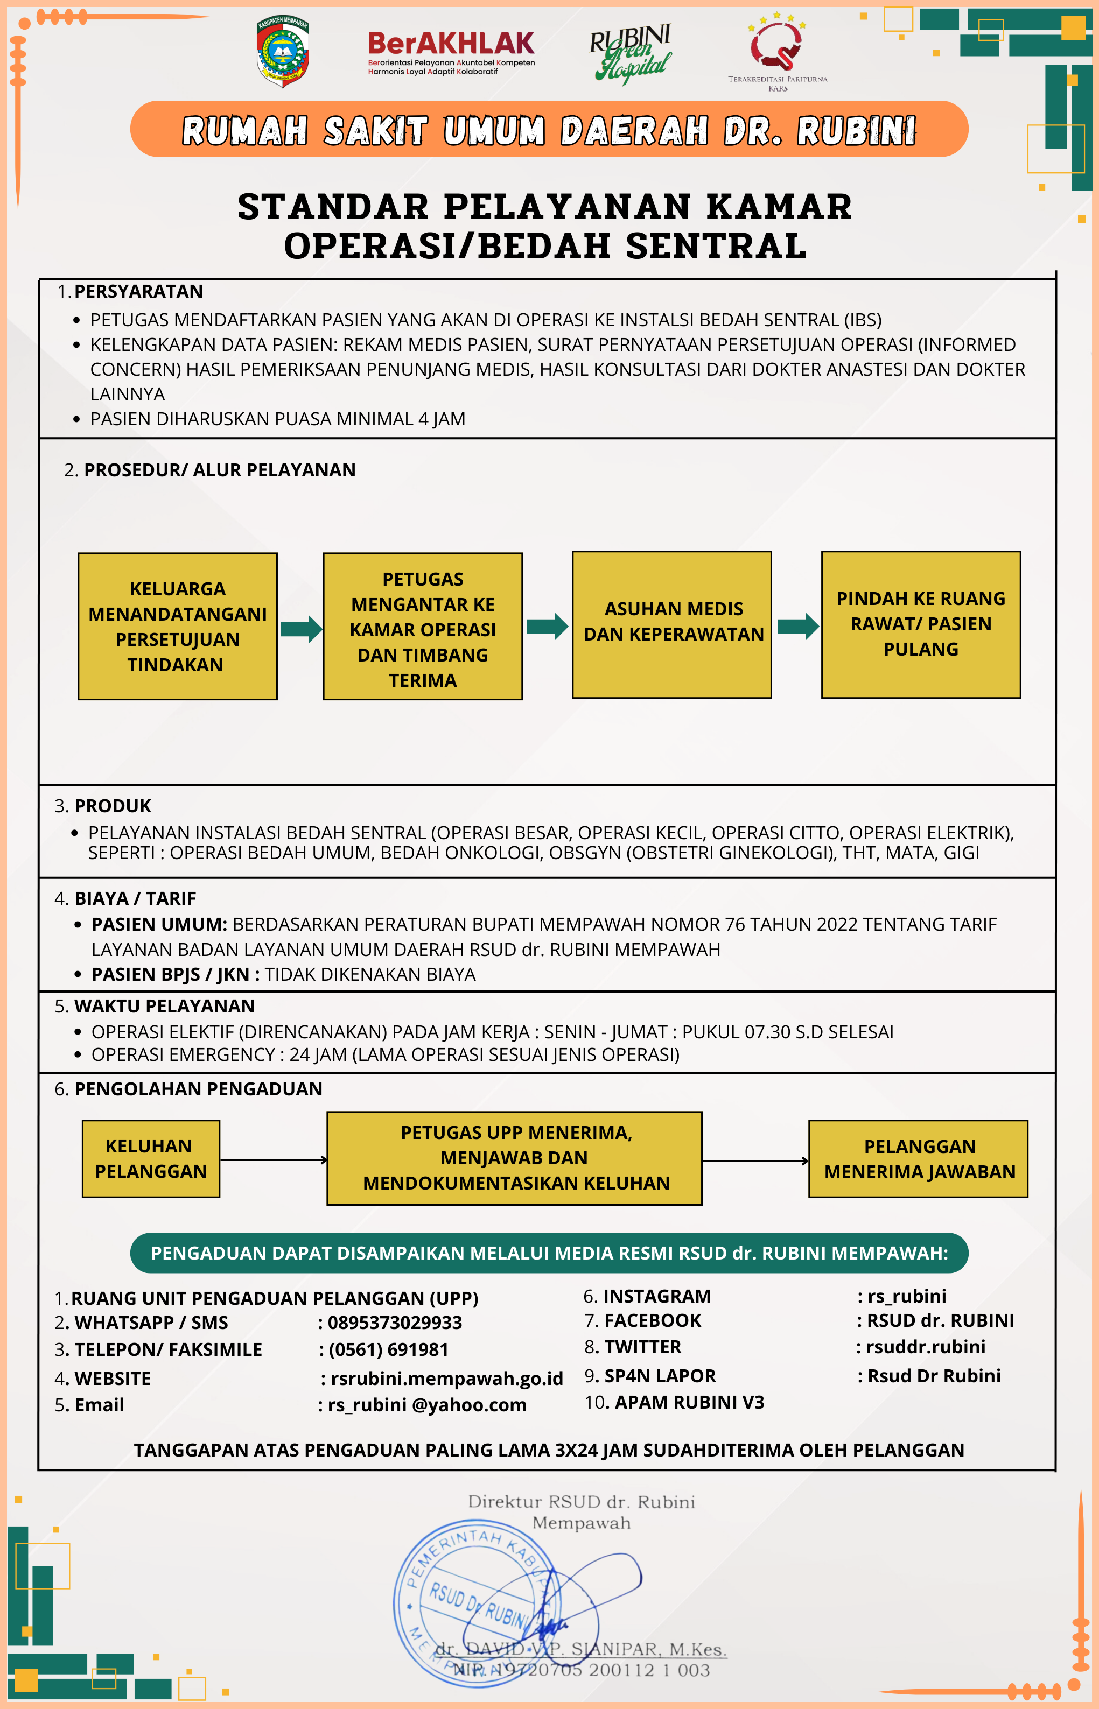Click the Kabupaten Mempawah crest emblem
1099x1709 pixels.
click(x=283, y=52)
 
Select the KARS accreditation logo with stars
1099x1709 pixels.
click(x=777, y=50)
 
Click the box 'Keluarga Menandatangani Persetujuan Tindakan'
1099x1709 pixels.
click(x=178, y=626)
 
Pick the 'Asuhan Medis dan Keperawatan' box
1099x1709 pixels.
click(x=671, y=624)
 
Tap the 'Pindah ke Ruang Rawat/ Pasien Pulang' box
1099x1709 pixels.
click(x=921, y=624)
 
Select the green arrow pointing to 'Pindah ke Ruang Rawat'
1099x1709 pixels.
click(x=797, y=626)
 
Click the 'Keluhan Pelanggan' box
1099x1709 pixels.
click(x=151, y=1158)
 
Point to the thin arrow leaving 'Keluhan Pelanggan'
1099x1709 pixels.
click(x=274, y=1160)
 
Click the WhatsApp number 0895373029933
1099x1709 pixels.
click(x=395, y=1323)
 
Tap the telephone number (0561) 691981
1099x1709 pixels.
click(x=388, y=1349)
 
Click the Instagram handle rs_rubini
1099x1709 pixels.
click(x=906, y=1296)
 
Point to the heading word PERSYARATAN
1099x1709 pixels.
click(x=138, y=291)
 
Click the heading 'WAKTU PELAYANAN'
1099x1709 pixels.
click(x=164, y=1005)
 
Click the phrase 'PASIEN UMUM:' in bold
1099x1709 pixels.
click(x=159, y=924)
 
